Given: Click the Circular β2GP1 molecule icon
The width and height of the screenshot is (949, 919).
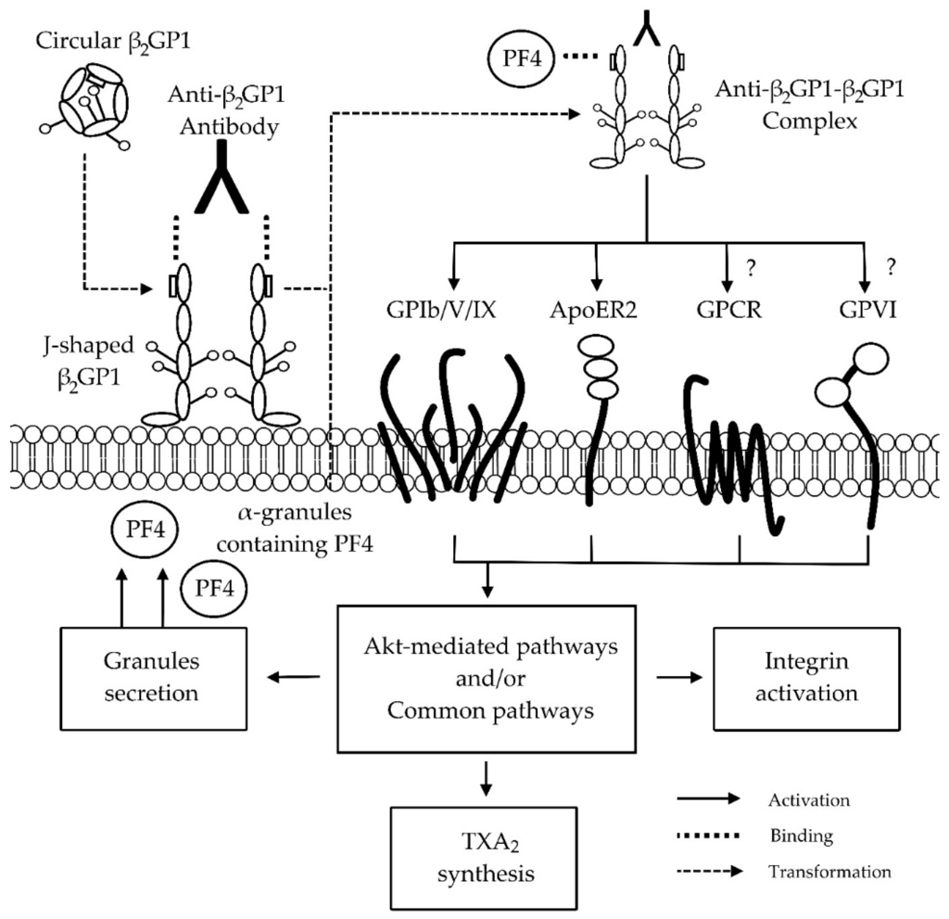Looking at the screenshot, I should click(94, 105).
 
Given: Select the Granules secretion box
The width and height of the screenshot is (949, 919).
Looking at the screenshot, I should click(154, 678).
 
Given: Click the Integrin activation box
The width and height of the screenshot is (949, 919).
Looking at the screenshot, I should click(805, 678).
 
